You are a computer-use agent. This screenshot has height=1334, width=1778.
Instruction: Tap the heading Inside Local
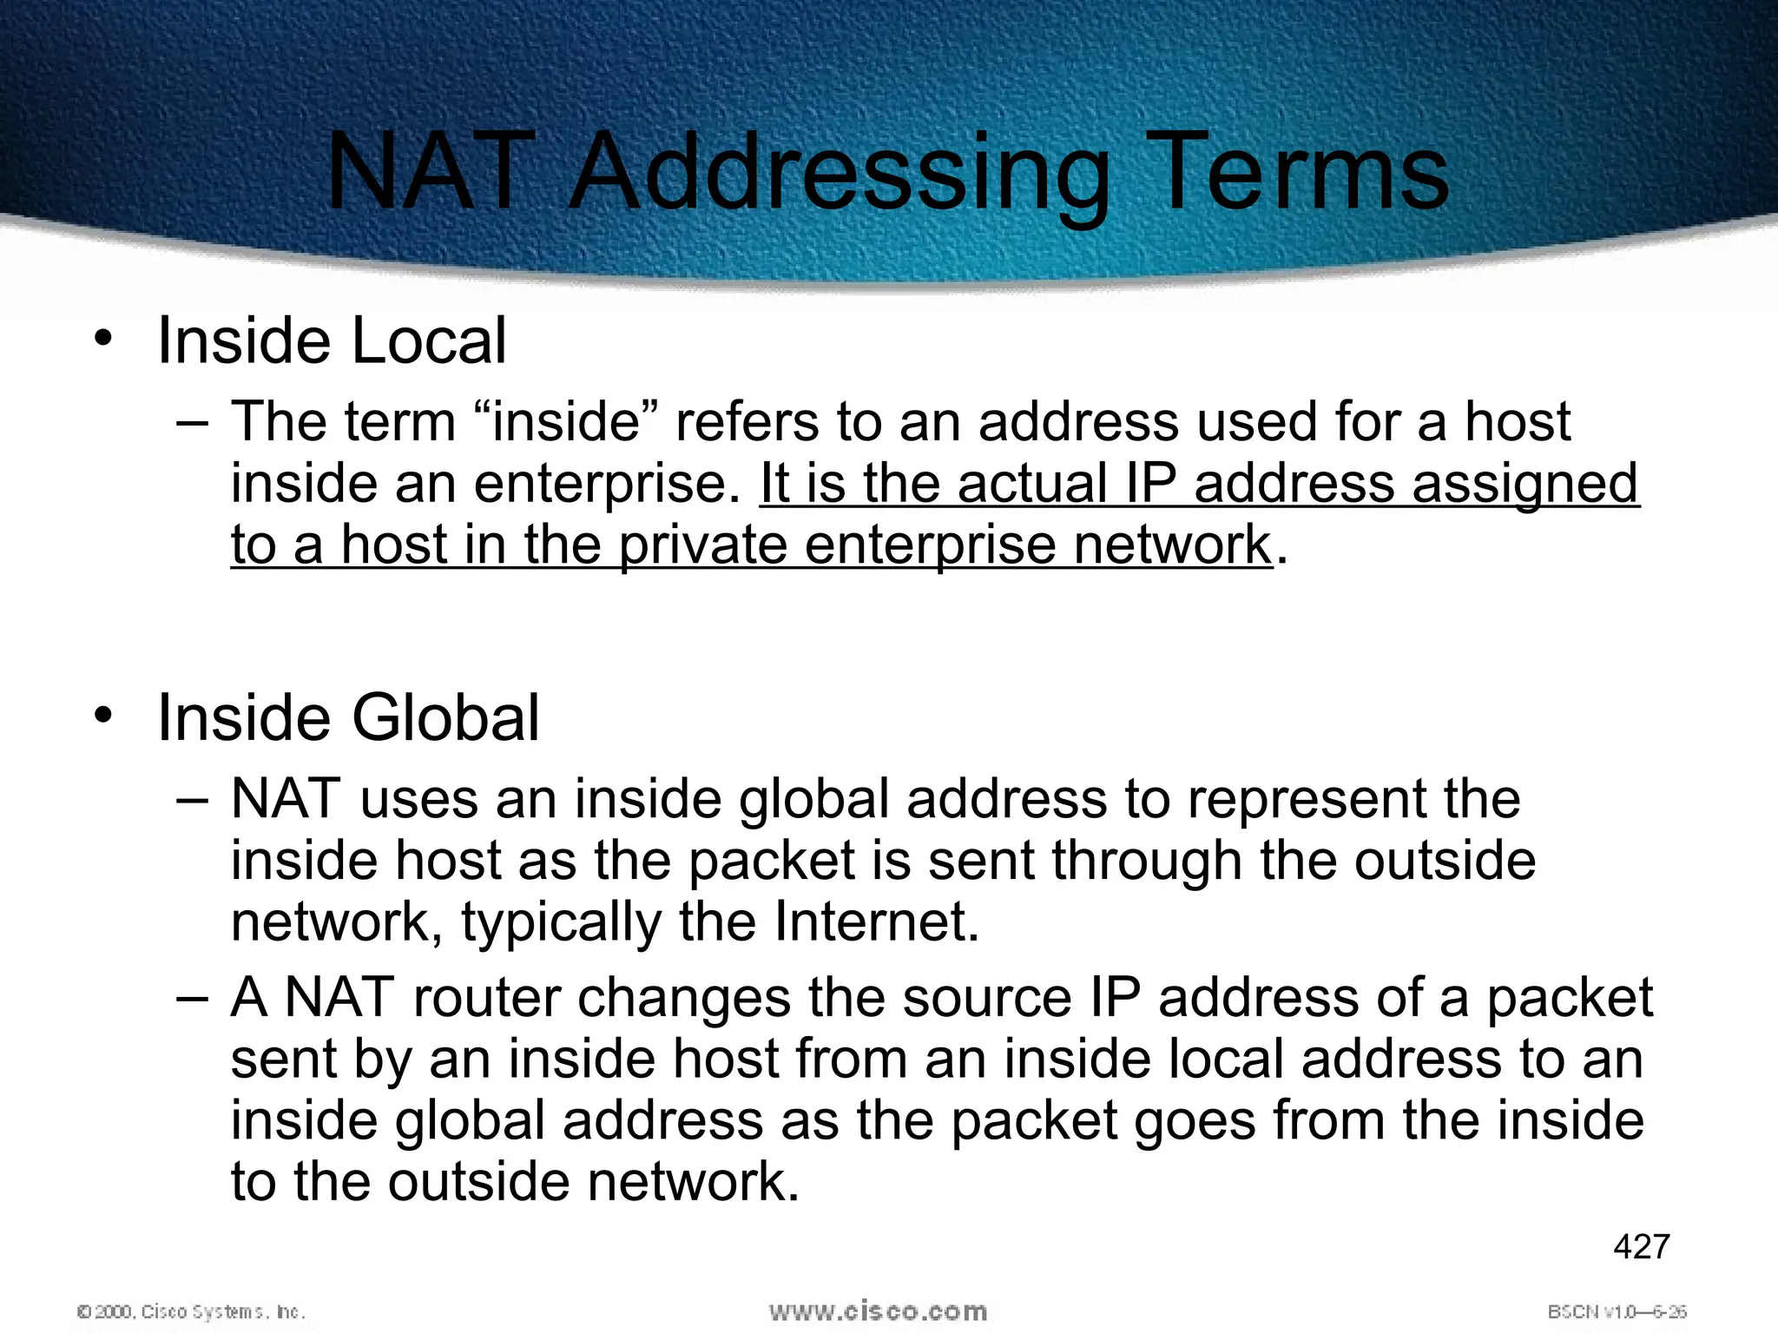pos(332,340)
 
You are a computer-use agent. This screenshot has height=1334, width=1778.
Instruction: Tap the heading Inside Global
pos(348,718)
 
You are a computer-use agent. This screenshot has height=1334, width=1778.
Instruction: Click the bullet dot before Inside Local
pos(104,339)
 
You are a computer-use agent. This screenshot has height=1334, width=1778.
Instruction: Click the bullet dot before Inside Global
pos(104,717)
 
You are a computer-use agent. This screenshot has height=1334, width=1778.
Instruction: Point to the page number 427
pos(1641,1246)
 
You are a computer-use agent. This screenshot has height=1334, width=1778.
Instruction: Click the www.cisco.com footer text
pos(878,1311)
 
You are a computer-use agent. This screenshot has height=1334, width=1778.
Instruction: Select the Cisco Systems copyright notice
pos(191,1311)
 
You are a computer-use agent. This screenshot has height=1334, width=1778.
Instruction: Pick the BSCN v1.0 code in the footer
pos(1617,1311)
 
